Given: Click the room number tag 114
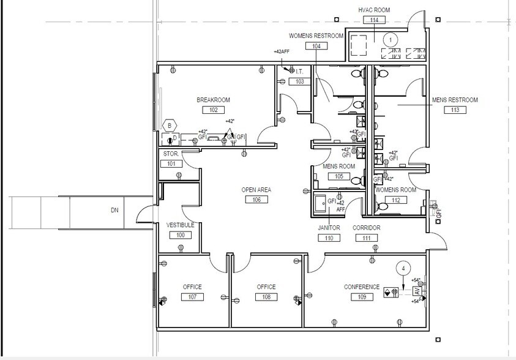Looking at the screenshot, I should (x=374, y=20).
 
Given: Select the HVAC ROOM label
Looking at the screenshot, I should (x=374, y=10).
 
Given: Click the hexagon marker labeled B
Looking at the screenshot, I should (x=169, y=126).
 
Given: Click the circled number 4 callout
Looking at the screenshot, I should (x=403, y=268).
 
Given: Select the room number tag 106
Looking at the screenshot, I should (x=256, y=200).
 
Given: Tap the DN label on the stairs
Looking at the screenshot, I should (x=114, y=210).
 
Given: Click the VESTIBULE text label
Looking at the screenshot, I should (x=180, y=225).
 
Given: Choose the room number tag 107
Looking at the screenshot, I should (x=192, y=297).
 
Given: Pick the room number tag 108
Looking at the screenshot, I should (x=266, y=297).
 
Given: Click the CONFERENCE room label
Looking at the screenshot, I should (x=362, y=287).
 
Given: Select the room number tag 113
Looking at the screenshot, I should (x=455, y=110).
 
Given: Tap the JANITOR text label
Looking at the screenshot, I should (x=329, y=228).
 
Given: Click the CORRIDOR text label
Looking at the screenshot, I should (x=366, y=228).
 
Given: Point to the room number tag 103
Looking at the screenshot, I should (x=299, y=81).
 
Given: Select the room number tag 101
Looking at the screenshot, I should (x=171, y=163).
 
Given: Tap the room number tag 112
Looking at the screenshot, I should (x=395, y=200).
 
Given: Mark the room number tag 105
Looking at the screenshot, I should (x=338, y=176).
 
